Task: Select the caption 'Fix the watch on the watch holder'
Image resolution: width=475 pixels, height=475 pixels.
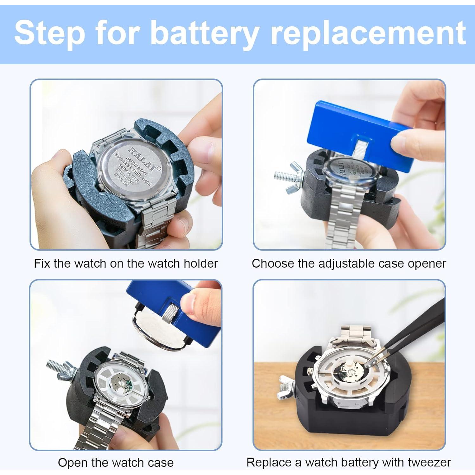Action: click(x=126, y=263)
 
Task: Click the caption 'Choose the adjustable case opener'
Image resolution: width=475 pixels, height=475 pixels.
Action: click(x=349, y=263)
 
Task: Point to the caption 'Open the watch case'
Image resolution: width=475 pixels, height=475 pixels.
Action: click(x=116, y=462)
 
